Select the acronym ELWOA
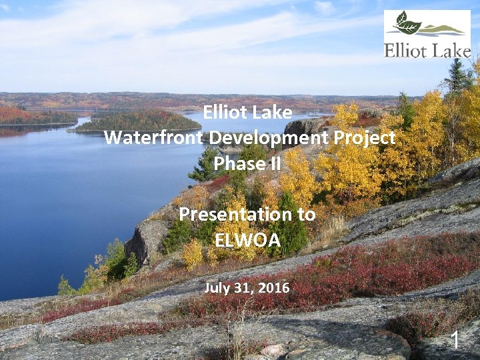tap(248, 240)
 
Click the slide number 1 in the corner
tap(455, 340)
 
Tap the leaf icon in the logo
tap(407, 24)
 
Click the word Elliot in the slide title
tap(225, 113)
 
